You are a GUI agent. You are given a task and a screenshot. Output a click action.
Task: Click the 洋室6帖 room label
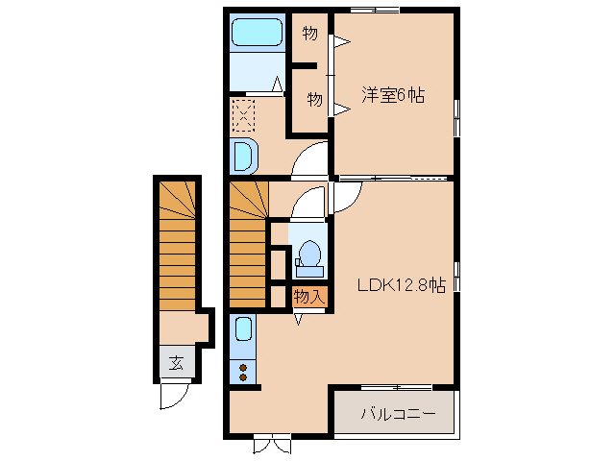[393, 95]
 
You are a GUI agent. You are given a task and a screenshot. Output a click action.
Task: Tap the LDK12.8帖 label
[402, 285]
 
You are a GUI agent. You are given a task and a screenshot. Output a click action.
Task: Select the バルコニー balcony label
[398, 414]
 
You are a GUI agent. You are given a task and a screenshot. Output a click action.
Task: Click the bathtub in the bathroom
[257, 32]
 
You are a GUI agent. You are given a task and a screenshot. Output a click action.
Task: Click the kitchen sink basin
[243, 328]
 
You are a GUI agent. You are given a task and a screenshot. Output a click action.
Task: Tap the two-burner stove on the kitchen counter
[243, 372]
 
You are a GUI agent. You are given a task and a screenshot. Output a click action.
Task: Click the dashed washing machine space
[243, 115]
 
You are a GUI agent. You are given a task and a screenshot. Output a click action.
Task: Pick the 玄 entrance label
[176, 364]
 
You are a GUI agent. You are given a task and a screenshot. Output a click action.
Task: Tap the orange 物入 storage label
[309, 297]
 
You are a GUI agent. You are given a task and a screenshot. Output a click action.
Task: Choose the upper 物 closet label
[309, 34]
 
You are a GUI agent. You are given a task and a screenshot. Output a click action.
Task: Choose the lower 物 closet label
[314, 99]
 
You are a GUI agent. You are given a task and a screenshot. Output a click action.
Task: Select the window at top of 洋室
[375, 10]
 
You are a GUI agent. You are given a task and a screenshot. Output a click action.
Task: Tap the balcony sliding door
[397, 387]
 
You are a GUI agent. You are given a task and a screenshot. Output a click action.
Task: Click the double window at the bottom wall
[272, 443]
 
